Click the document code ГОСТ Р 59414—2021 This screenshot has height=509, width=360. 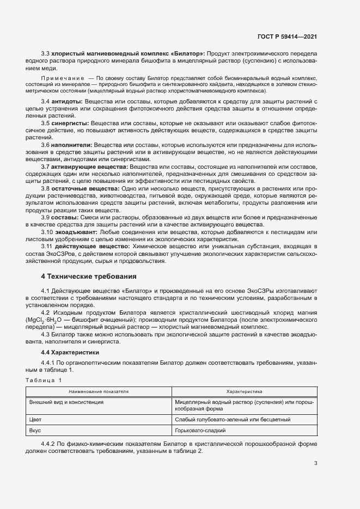coord(287,36)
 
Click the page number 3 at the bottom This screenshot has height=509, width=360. coord(315,463)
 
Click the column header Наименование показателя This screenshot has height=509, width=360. coord(99,391)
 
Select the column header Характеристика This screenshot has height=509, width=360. coord(244,391)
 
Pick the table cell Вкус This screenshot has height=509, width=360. coord(35,430)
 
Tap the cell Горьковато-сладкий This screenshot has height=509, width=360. coord(200,430)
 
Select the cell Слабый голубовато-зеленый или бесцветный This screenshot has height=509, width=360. coord(233,420)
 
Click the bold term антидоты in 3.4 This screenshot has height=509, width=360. coord(68,102)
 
